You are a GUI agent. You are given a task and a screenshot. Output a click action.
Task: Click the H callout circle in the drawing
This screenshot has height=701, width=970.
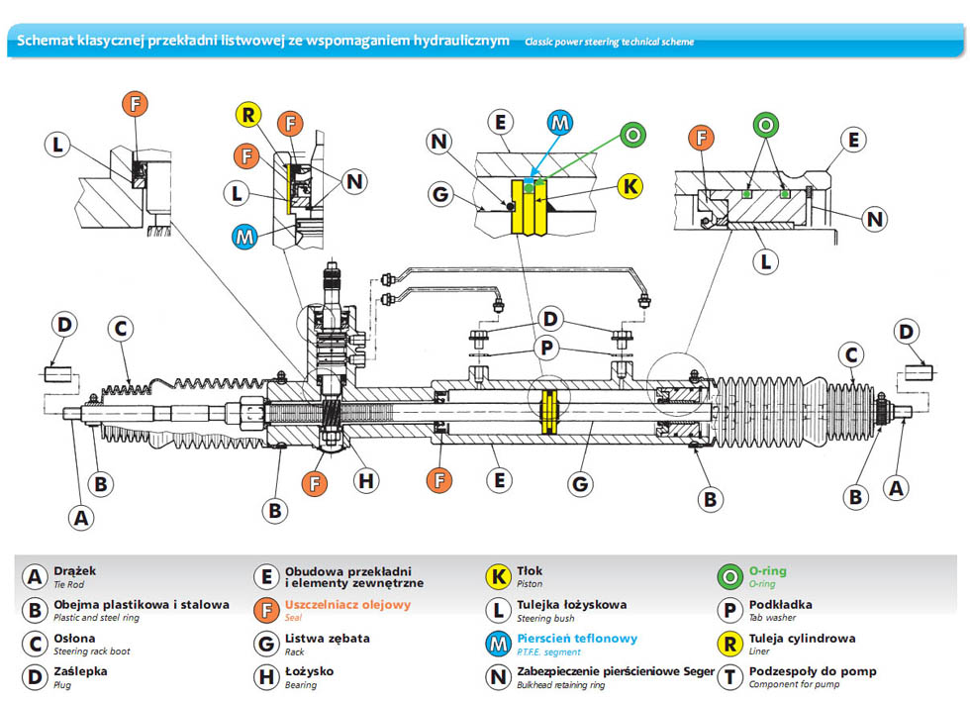[366, 481]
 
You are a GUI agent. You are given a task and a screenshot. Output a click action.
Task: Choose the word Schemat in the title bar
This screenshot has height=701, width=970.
[43, 41]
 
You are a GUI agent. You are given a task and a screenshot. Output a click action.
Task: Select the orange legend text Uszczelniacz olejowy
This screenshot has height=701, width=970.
[347, 605]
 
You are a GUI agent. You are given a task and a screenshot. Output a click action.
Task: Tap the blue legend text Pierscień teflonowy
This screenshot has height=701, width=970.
[577, 639]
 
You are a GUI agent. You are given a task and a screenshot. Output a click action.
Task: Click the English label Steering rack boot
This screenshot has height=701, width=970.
[92, 651]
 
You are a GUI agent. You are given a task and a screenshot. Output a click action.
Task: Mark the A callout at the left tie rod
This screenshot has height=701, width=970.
[82, 516]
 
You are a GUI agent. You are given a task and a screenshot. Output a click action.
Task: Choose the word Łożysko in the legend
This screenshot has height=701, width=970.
[309, 671]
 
